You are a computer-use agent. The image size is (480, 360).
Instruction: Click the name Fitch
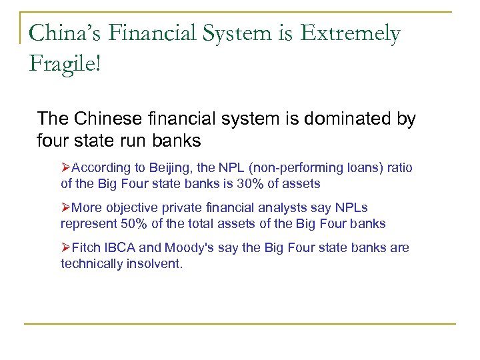pyautogui.click(x=85, y=248)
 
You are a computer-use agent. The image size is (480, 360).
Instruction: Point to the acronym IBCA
pyautogui.click(x=119, y=248)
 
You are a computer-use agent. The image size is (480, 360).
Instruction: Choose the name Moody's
pyautogui.click(x=189, y=248)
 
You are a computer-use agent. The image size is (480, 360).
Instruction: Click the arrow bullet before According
pyautogui.click(x=65, y=167)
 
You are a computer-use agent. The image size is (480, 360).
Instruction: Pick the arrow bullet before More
pyautogui.click(x=65, y=207)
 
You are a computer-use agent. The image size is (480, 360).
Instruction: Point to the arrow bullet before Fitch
pyautogui.click(x=65, y=248)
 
